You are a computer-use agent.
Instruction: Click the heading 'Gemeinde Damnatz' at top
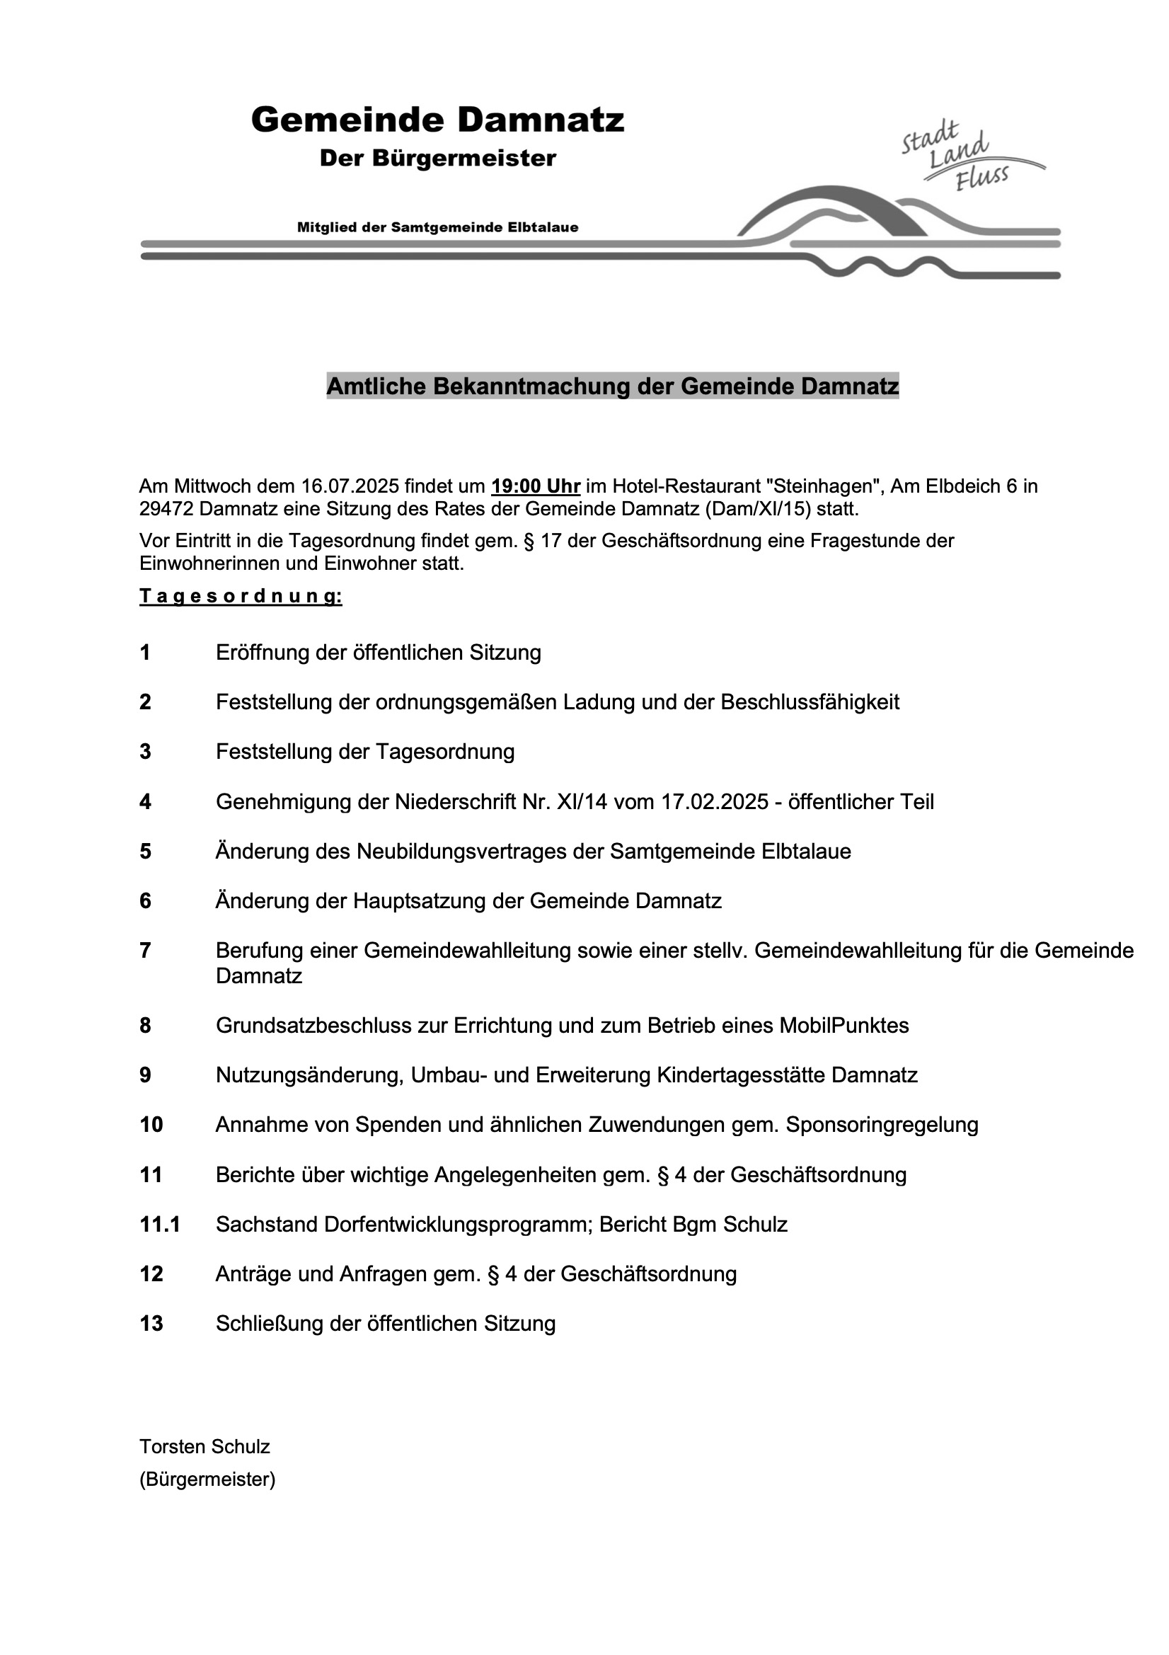(437, 120)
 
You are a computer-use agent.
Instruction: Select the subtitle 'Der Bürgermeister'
(437, 158)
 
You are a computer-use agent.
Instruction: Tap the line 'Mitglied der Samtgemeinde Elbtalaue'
(437, 228)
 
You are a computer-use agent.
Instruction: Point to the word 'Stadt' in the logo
(931, 137)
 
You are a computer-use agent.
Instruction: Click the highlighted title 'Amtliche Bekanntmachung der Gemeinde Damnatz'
(613, 386)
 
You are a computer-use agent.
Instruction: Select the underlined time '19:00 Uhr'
(536, 486)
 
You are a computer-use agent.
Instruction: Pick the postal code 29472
(166, 509)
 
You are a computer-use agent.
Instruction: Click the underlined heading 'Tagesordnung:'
(241, 597)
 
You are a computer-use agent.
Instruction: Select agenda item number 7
(146, 951)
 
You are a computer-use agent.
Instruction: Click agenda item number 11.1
(160, 1224)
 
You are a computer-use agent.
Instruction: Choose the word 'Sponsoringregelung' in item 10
(882, 1125)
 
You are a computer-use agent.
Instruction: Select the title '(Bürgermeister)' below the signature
(207, 1480)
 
